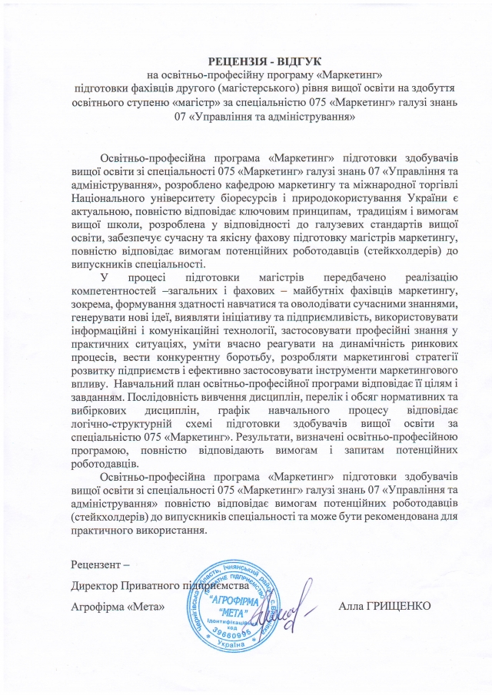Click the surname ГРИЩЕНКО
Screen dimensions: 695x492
point(401,607)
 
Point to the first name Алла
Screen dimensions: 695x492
point(351,607)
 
